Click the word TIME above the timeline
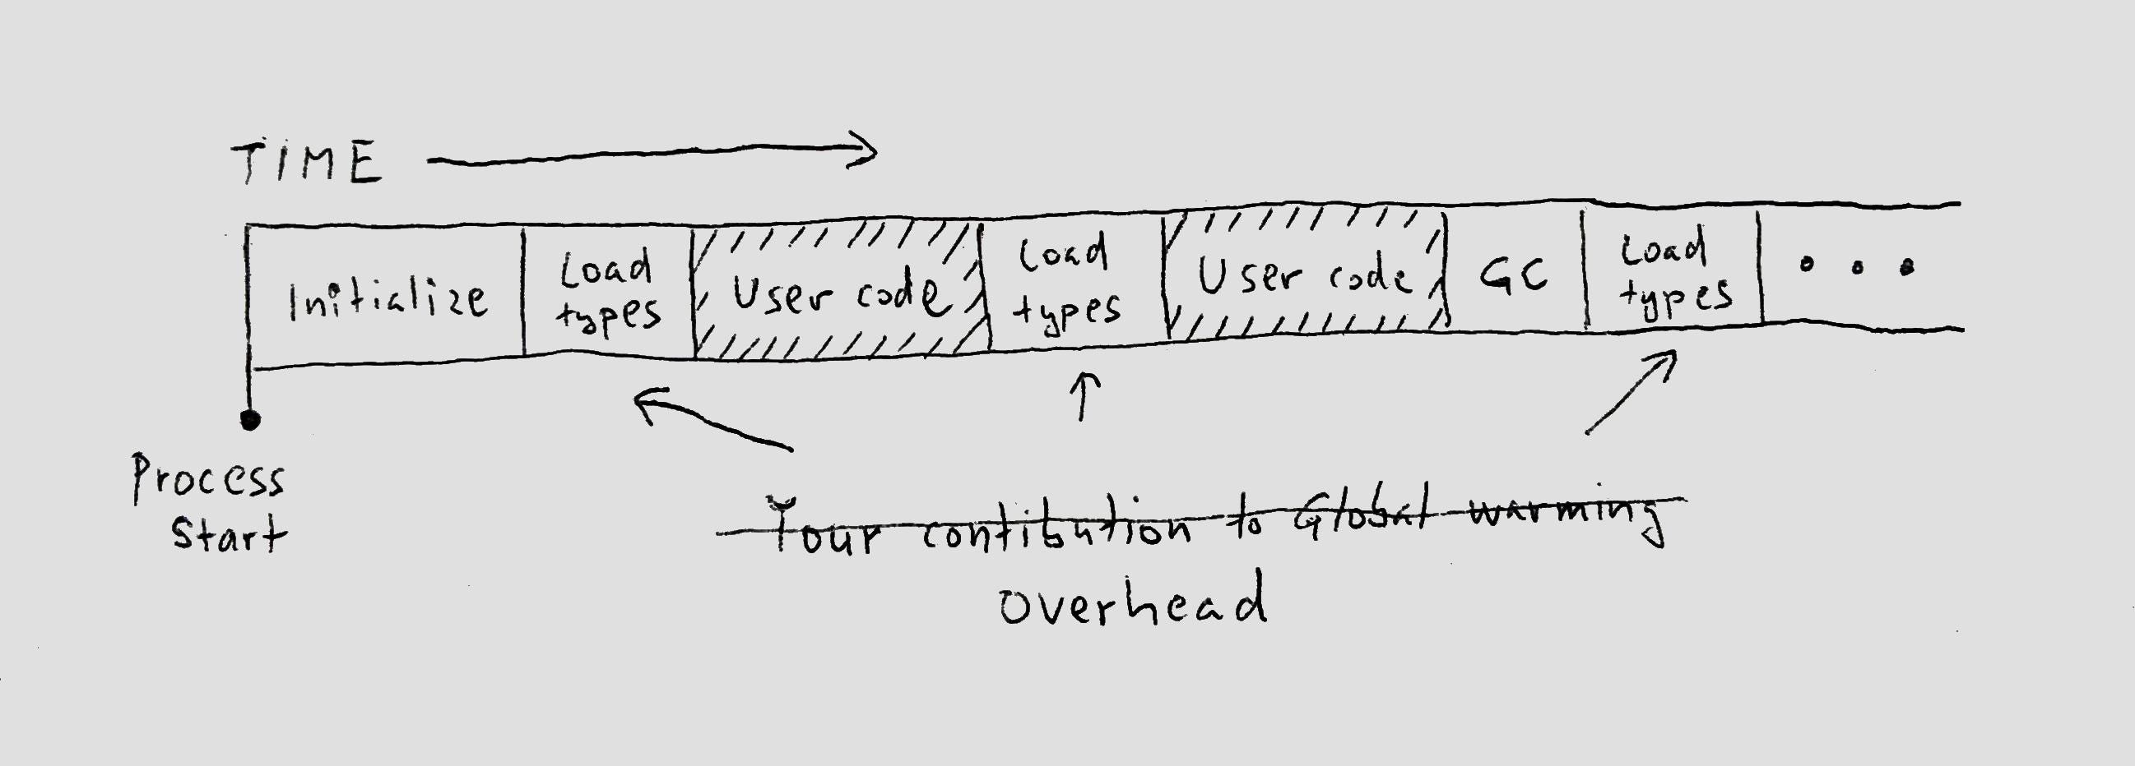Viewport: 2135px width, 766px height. (x=307, y=161)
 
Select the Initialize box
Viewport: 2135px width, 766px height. (x=386, y=298)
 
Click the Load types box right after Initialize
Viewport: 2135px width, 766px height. (x=608, y=293)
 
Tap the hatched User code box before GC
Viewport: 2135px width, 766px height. (x=1305, y=276)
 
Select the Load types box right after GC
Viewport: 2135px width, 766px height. (x=1673, y=273)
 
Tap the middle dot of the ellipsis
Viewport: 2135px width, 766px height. (x=1858, y=266)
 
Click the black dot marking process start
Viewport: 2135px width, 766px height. (x=249, y=420)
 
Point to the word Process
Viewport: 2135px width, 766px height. (x=208, y=478)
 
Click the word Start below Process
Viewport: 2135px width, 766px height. (x=228, y=534)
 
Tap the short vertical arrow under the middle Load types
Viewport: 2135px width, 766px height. (x=1084, y=396)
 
